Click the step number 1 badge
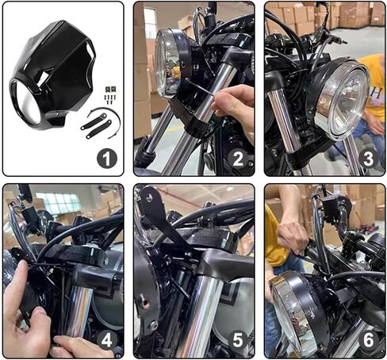tap(107, 159)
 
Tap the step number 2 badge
tap(238, 159)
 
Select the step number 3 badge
tap(368, 159)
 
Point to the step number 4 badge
tap(106, 340)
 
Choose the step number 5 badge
tap(238, 340)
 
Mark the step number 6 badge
tap(369, 340)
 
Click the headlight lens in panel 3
tap(343, 101)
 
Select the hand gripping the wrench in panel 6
tap(292, 236)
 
